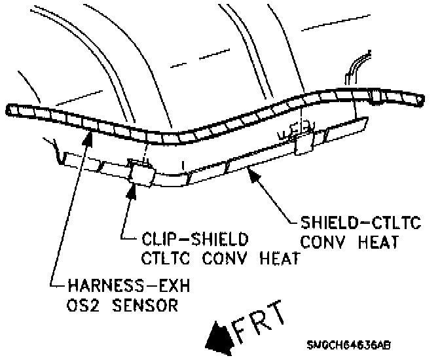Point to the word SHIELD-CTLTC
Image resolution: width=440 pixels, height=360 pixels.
coord(350,223)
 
